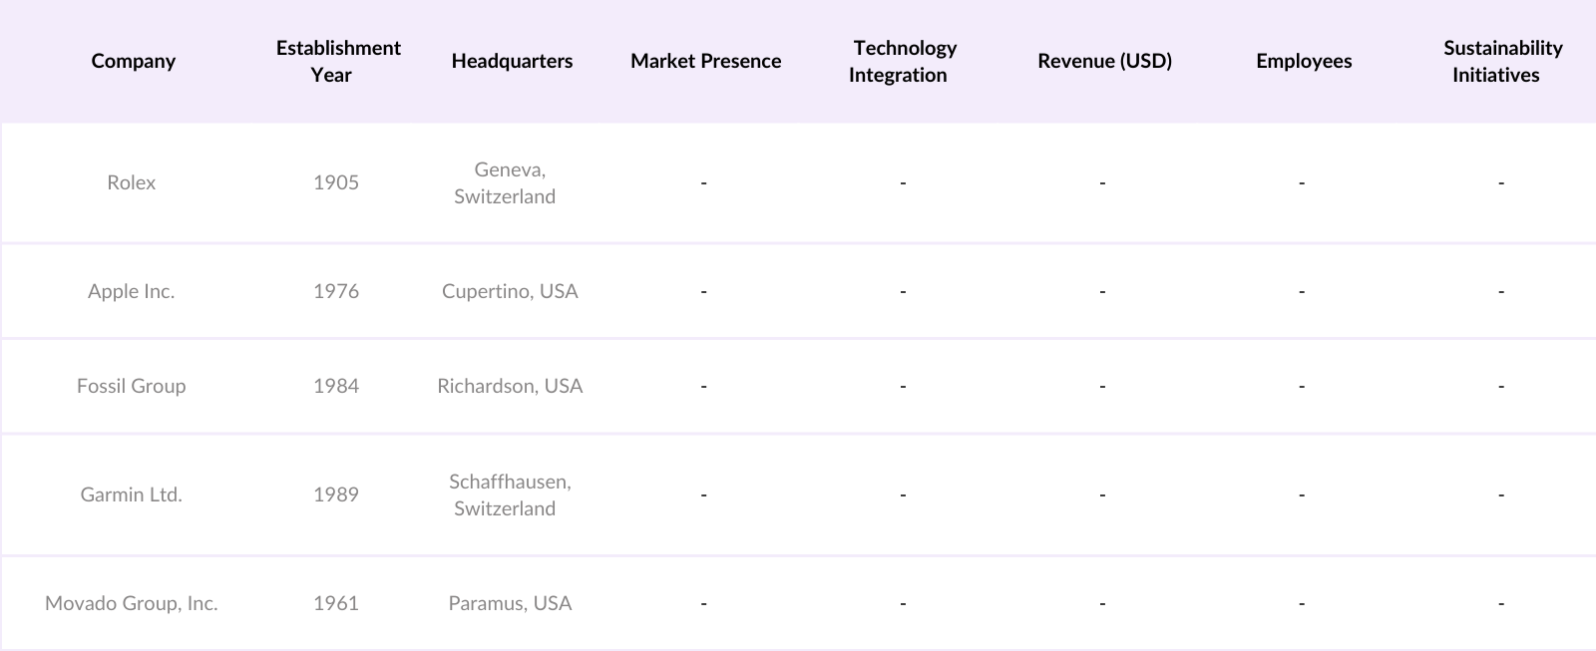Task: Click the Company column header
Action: tap(133, 61)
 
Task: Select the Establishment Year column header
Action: tap(338, 61)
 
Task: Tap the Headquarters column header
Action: tap(512, 61)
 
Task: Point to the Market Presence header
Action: tap(705, 61)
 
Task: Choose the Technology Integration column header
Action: tap(903, 61)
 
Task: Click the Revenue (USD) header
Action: tap(1104, 61)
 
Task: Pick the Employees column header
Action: tap(1304, 61)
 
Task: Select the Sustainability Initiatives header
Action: tap(1501, 61)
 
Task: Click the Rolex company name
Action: tap(132, 182)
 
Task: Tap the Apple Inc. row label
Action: tap(132, 291)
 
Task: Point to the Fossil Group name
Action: tap(132, 386)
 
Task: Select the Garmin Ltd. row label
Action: tap(132, 494)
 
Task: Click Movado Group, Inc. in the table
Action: tap(132, 603)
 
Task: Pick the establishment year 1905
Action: tap(336, 182)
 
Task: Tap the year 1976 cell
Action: tap(336, 291)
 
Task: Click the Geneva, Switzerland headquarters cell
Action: tap(507, 182)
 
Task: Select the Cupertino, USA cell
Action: tap(510, 291)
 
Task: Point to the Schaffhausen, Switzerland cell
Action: tap(509, 494)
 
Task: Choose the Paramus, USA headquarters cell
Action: tap(510, 603)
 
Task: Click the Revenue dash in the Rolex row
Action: tap(1102, 182)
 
